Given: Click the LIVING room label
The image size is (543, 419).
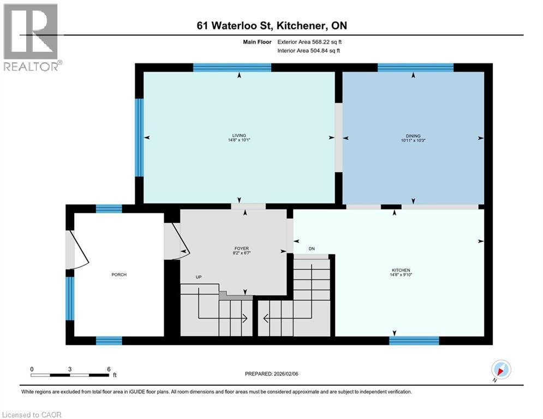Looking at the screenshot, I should point(239,136).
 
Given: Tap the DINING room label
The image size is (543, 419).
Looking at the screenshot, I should point(413,136).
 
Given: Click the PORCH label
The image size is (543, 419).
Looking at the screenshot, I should point(119,274).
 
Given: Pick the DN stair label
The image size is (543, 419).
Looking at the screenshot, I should point(312,249).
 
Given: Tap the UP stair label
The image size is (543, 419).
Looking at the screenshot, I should point(199,277).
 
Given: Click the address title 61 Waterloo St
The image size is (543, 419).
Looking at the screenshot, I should point(271,26).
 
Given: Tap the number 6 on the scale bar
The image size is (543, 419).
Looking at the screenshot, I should point(109,369).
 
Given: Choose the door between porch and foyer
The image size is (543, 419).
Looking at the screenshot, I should point(176,241).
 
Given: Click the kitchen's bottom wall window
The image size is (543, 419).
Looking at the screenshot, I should point(414,341).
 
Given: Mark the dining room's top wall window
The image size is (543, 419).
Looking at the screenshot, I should point(415,68).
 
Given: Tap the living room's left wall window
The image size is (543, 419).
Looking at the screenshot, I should point(139,137).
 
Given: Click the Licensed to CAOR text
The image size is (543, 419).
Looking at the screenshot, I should point(32,415).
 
